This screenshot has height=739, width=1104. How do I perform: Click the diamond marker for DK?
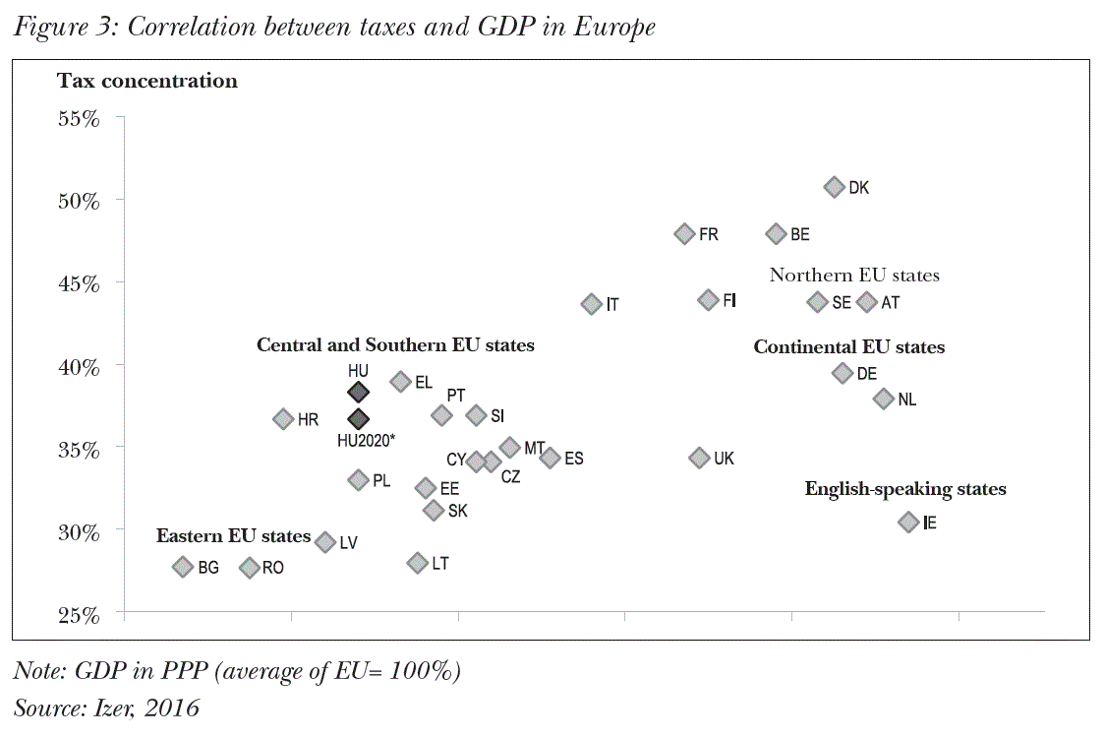coord(835,187)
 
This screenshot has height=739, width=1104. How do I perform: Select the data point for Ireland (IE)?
coord(908,523)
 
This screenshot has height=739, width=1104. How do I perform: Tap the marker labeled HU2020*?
coord(359,420)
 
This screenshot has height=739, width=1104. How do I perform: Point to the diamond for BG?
coord(183,567)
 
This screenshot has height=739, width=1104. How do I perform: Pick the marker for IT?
coord(591,304)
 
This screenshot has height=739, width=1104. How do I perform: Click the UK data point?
coord(699,458)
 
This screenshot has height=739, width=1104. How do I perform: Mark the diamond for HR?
coord(283,419)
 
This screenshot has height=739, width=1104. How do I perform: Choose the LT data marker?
coord(417,563)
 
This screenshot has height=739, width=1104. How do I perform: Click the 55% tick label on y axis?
coord(80,119)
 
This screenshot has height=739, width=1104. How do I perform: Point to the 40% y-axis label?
coord(80,367)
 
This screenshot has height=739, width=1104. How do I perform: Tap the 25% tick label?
coord(80,616)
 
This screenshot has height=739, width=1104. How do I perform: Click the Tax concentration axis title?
coord(147,81)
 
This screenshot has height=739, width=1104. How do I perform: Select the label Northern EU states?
coord(854,276)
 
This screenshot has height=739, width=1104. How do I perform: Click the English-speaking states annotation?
coord(905,489)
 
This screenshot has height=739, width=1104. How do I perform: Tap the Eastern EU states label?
coord(233,536)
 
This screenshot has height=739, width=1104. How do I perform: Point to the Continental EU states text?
coord(848,347)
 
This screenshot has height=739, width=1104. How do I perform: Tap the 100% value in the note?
coord(417,672)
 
